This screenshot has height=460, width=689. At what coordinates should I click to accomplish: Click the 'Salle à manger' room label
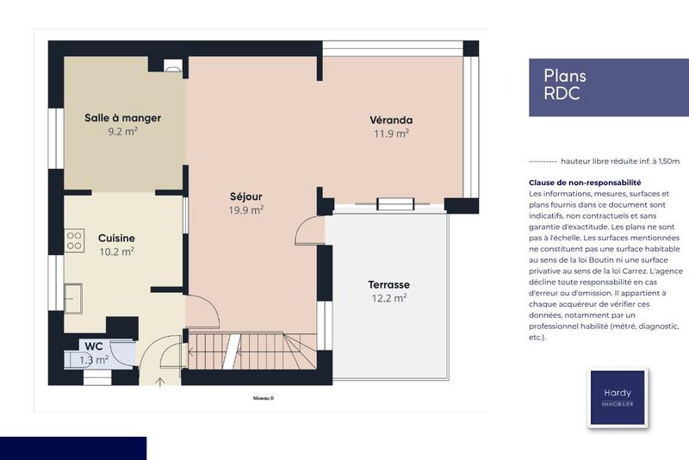(x=122, y=118)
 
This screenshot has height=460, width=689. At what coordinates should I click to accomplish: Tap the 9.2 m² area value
(x=122, y=132)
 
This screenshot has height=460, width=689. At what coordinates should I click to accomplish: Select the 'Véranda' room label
(x=391, y=120)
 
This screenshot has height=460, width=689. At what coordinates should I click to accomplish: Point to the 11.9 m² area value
(x=391, y=134)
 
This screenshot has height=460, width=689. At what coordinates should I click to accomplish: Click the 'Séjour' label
(x=246, y=196)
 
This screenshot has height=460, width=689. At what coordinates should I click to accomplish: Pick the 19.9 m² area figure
(x=246, y=209)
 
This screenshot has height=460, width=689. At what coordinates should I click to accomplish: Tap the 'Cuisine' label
(x=116, y=238)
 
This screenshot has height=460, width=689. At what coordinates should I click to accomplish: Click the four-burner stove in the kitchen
(x=75, y=237)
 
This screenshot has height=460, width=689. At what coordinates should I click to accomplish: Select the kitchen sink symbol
(x=75, y=298)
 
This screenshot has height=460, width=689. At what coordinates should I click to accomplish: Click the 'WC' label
(x=94, y=345)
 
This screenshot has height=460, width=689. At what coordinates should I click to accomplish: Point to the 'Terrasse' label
(x=388, y=284)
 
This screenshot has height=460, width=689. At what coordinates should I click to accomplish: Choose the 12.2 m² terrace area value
(x=388, y=298)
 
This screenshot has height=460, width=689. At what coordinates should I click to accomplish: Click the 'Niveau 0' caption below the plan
(x=263, y=398)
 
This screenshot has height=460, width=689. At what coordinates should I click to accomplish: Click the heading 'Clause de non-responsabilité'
(x=585, y=183)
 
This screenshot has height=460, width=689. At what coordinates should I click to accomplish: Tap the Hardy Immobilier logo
(x=617, y=397)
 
